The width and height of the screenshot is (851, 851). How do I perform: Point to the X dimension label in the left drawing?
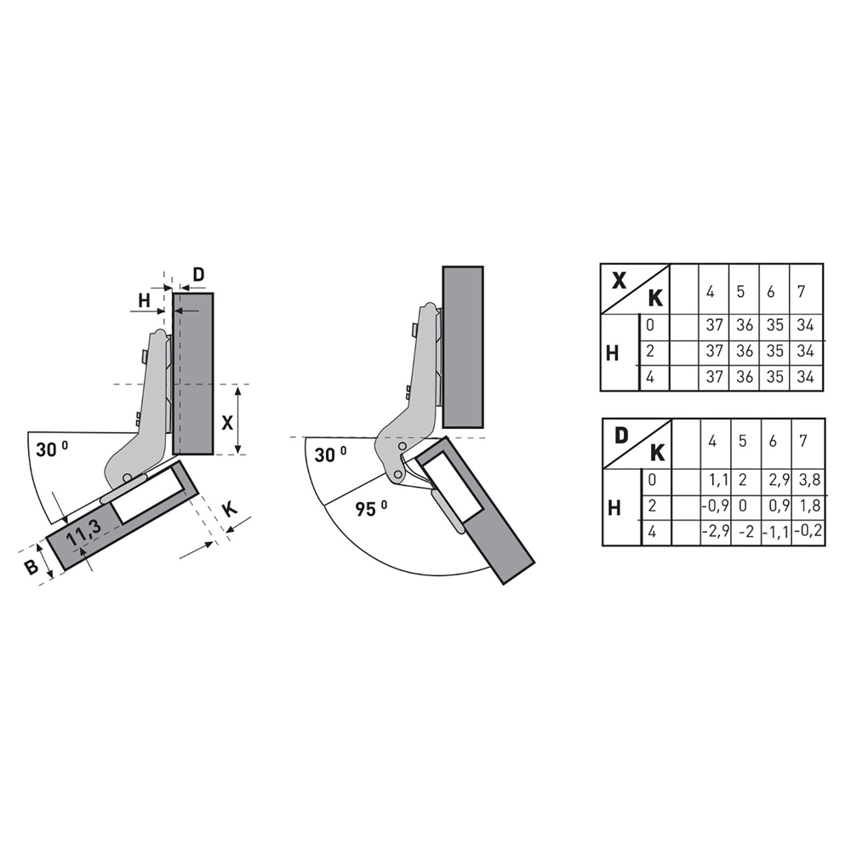[227, 422]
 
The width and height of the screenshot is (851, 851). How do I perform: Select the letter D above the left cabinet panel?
[198, 275]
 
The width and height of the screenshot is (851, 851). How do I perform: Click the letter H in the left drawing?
[144, 300]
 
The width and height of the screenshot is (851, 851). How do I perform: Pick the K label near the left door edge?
[230, 510]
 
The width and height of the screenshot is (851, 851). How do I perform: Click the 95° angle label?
[372, 509]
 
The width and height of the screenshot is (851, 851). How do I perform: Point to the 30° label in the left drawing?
[52, 449]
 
